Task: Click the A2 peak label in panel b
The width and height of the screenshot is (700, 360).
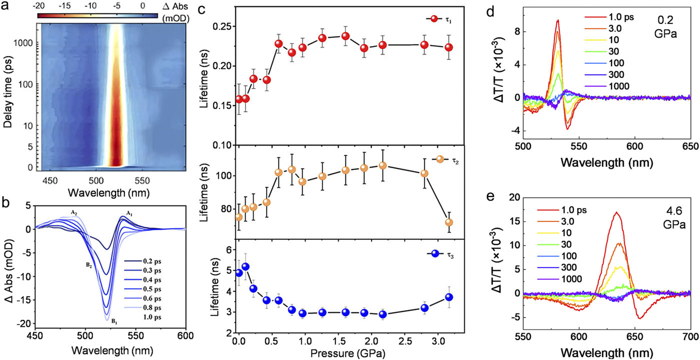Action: [x=73, y=212]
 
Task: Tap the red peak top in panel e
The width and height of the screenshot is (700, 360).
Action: [x=617, y=212]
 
